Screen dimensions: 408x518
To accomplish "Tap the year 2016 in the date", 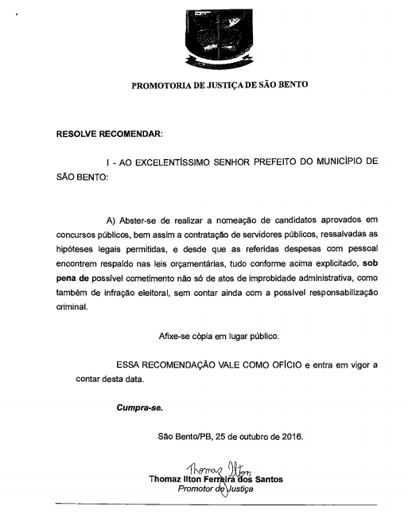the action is [291, 437].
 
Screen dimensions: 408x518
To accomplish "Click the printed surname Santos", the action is [265, 480].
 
